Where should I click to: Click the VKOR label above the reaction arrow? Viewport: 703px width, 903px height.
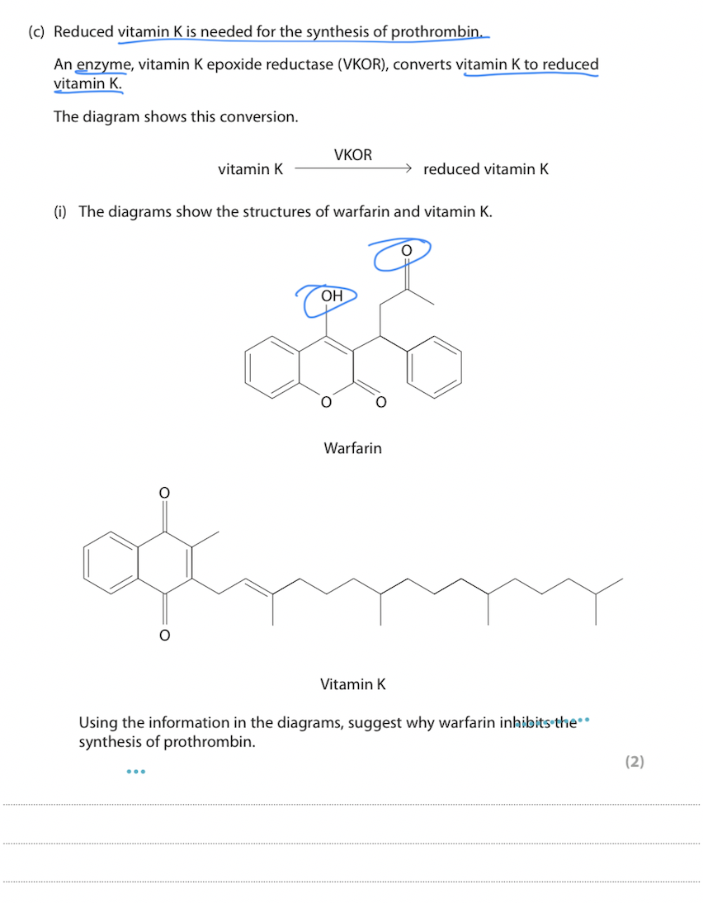pyautogui.click(x=353, y=155)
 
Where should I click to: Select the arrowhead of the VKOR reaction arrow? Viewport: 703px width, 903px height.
pyautogui.click(x=406, y=168)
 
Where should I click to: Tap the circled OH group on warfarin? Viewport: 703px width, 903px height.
pyautogui.click(x=332, y=295)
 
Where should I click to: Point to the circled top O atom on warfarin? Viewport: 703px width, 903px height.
pyautogui.click(x=405, y=249)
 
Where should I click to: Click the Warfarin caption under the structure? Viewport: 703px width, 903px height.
pyautogui.click(x=352, y=448)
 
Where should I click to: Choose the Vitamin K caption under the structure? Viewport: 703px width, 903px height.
pyautogui.click(x=352, y=683)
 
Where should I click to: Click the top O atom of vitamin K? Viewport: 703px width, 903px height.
pyautogui.click(x=164, y=493)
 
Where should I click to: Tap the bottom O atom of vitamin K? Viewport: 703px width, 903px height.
pyautogui.click(x=164, y=635)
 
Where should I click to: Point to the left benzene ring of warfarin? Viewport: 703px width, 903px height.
pyautogui.click(x=271, y=365)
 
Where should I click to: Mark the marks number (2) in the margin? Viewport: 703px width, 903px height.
pyautogui.click(x=634, y=761)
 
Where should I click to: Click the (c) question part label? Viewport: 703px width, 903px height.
pyautogui.click(x=35, y=32)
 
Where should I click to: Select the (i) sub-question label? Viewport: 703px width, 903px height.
pyautogui.click(x=60, y=211)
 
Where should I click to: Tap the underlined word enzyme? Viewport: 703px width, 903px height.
pyautogui.click(x=103, y=64)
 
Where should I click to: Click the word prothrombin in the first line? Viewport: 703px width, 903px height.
pyautogui.click(x=435, y=32)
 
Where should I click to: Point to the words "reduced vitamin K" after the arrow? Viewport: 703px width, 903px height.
pyautogui.click(x=485, y=169)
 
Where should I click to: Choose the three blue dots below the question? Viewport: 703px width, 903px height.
pyautogui.click(x=136, y=772)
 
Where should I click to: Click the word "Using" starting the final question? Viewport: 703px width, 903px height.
pyautogui.click(x=98, y=723)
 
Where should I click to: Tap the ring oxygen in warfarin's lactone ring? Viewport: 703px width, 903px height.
pyautogui.click(x=326, y=402)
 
